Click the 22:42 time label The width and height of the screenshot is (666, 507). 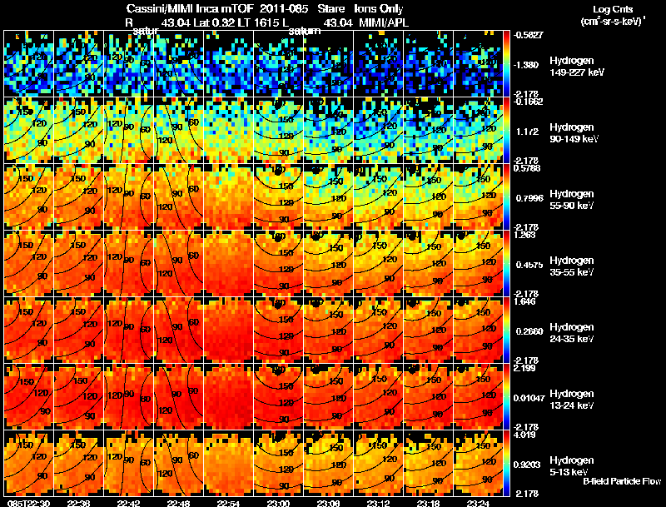[x=129, y=503]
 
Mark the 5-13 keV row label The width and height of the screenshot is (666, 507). [x=571, y=472]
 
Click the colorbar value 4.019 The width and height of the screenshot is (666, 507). [x=526, y=434]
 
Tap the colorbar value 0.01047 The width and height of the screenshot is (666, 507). [x=529, y=398]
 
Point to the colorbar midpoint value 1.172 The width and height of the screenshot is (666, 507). [x=526, y=132]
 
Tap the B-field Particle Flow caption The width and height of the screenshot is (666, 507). [x=622, y=482]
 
